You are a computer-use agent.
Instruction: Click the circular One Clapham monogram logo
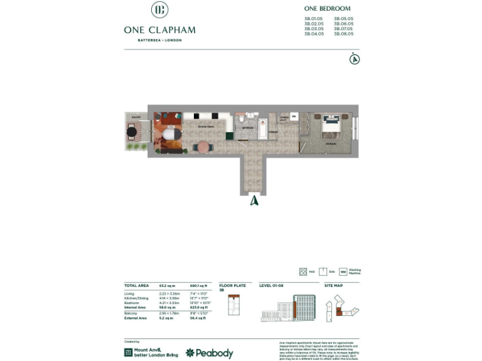159,10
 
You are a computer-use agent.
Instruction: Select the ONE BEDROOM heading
327,9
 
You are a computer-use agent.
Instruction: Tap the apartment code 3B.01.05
313,19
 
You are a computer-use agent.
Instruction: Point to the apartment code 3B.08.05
343,34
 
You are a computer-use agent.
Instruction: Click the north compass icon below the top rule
355,60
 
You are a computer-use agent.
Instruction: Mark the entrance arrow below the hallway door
254,201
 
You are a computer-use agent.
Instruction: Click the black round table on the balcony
132,132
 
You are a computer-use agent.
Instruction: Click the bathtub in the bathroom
263,127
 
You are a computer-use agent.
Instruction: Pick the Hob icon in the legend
304,271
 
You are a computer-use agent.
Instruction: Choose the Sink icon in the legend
323,271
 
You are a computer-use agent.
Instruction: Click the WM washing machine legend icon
343,272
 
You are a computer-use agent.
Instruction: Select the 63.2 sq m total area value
166,285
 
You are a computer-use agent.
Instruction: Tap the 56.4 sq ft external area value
198,318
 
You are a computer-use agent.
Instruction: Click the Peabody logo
209,353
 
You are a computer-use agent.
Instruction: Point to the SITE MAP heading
333,285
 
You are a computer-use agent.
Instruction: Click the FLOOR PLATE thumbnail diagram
233,305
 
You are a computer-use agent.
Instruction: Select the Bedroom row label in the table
132,303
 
